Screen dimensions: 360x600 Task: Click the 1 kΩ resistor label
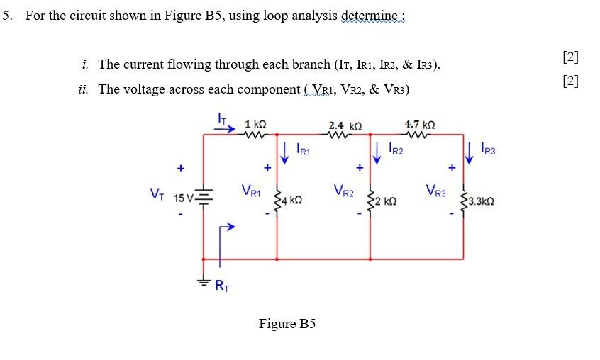255,124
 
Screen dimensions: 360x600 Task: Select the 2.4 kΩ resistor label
345,125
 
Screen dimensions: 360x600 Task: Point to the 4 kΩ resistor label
293,201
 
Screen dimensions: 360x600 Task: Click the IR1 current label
302,150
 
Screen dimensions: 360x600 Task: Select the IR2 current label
396,150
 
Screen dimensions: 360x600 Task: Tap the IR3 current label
488,150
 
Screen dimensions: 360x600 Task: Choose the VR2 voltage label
343,190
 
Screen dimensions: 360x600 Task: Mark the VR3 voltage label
436,190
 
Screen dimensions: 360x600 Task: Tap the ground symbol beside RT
204,281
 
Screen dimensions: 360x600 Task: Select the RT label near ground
221,286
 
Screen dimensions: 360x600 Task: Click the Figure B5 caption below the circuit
287,324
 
